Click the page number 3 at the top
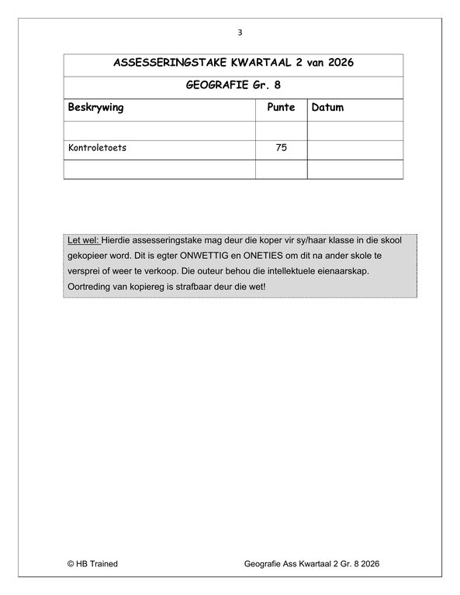tap(240, 33)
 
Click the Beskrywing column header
tap(96, 108)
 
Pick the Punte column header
tap(281, 108)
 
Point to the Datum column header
tap(327, 108)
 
